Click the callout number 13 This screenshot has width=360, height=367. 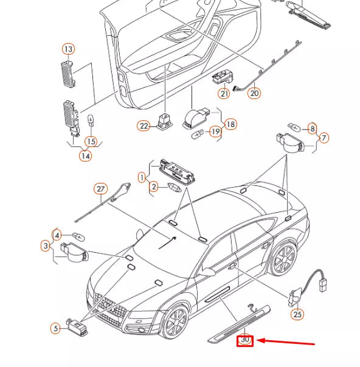(x=68, y=49)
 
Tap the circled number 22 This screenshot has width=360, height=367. (x=144, y=126)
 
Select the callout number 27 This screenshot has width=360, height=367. (x=101, y=189)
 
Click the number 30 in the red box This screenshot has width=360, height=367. (x=244, y=340)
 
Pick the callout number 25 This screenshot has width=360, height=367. (x=297, y=314)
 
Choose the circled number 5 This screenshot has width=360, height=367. (x=55, y=328)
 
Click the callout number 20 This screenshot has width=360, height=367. (x=254, y=93)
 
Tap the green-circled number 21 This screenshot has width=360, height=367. (x=224, y=94)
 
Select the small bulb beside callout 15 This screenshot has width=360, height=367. (x=91, y=120)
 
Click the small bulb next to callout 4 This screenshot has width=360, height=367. (x=78, y=236)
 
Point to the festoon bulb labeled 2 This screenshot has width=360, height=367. (x=175, y=188)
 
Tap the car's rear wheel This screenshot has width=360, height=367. (x=284, y=257)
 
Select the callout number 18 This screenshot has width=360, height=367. (x=230, y=124)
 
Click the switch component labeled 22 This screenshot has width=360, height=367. (x=165, y=121)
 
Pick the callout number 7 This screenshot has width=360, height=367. (x=324, y=137)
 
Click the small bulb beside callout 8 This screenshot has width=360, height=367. (x=294, y=127)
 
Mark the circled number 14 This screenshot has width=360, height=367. (x=86, y=156)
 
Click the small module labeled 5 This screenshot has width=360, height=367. (x=77, y=326)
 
